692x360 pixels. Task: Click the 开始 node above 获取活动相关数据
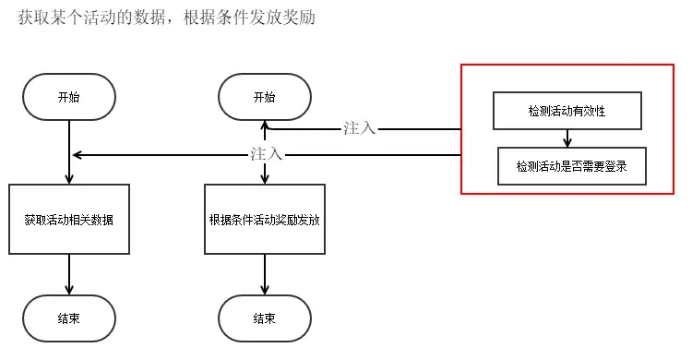pos(69,96)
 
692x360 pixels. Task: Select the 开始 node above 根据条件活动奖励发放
pos(264,96)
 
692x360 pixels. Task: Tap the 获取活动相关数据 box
pos(69,219)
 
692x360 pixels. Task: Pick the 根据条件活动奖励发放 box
pos(264,219)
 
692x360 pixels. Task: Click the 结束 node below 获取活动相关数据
pos(69,318)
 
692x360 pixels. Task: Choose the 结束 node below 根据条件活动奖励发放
pos(264,318)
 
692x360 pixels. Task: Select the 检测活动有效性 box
pos(567,110)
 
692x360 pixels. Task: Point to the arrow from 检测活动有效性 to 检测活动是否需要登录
pos(567,138)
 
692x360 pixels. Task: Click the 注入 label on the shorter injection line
pos(359,128)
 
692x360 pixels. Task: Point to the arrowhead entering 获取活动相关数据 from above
pos(69,178)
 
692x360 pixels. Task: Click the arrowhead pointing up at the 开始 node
pos(264,125)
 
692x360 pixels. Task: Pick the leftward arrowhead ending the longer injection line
pos(77,154)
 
